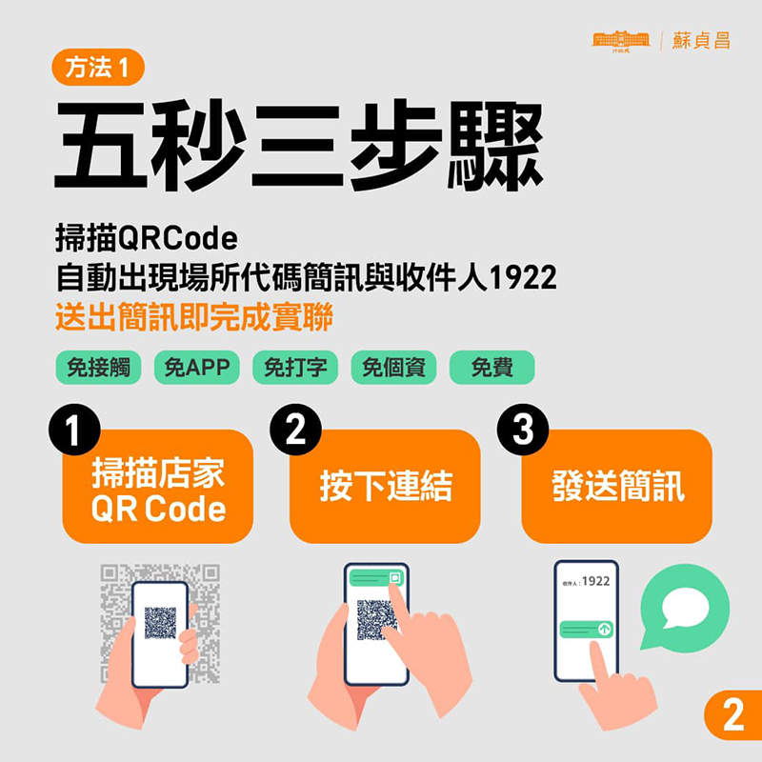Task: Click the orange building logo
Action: pos(620,39)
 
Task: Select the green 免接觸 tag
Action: pos(98,368)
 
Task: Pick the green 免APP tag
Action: pos(197,368)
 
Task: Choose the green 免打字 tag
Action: pos(295,368)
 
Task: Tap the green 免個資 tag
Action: pos(393,368)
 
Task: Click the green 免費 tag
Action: pos(491,368)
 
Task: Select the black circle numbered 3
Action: pos(523,431)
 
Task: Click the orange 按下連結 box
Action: pos(386,487)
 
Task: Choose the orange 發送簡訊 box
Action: pos(617,487)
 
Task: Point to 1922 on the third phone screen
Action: pos(595,580)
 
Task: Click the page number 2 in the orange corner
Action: pos(732,716)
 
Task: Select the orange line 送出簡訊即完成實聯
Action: pos(194,318)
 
